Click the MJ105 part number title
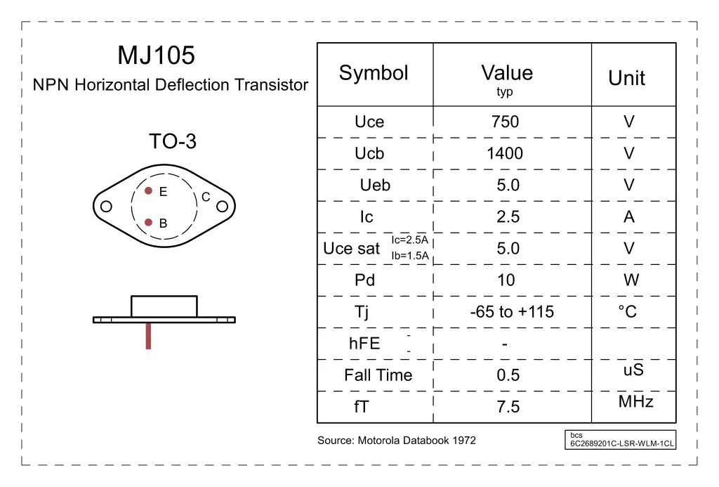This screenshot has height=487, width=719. [156, 56]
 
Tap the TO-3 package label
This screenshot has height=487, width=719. [172, 142]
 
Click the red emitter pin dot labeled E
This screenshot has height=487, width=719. [148, 190]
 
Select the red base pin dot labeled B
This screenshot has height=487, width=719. [148, 222]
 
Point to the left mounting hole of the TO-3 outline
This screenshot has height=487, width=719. [107, 207]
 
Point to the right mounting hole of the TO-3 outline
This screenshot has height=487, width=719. [223, 207]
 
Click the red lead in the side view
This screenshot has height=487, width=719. [148, 336]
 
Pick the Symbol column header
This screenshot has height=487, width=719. [374, 73]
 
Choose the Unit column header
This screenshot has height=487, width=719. [626, 78]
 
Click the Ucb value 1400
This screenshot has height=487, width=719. [505, 154]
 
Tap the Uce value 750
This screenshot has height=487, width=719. [505, 122]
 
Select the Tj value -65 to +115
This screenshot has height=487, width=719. [511, 312]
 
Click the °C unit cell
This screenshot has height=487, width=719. [630, 312]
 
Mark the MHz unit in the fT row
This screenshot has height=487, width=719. [635, 402]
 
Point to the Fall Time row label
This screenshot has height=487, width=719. [378, 375]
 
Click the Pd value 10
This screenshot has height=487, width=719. [506, 280]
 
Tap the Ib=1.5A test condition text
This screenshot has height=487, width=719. [410, 256]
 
